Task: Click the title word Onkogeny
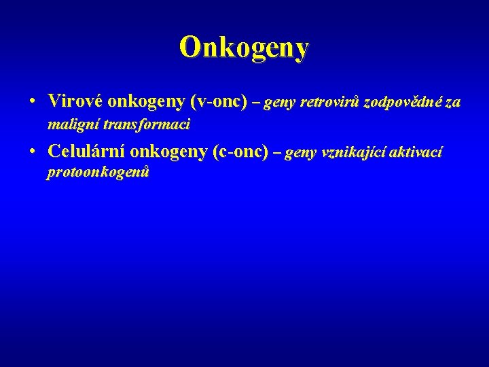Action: [244, 47]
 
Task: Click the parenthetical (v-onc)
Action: [218, 102]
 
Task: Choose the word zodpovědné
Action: [403, 103]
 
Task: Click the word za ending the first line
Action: [453, 103]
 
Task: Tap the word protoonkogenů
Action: [98, 173]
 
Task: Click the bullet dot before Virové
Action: [33, 103]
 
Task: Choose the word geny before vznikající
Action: [301, 154]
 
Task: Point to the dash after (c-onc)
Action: [276, 153]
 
